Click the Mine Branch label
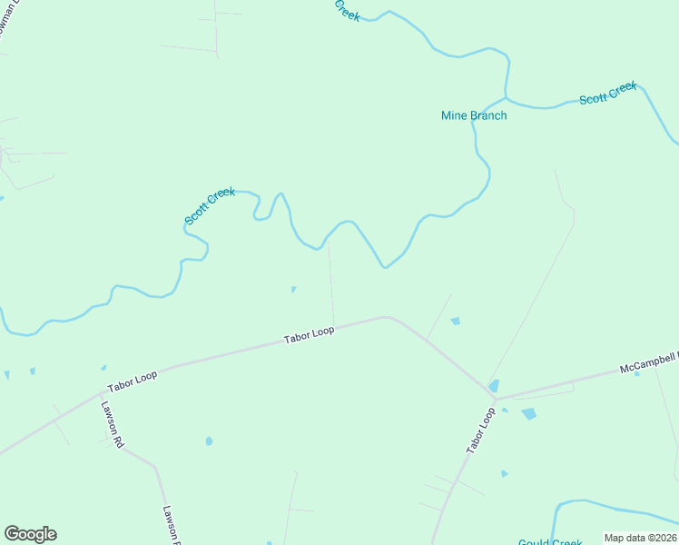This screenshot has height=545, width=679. [474, 115]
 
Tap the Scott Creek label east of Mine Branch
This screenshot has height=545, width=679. [608, 93]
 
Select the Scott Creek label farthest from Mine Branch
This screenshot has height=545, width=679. [210, 206]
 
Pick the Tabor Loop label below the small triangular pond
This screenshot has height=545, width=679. [309, 335]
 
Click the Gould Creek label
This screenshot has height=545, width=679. [550, 542]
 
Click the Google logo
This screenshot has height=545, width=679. [30, 534]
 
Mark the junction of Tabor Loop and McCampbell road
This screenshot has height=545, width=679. [496, 399]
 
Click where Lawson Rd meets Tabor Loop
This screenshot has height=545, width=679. [101, 394]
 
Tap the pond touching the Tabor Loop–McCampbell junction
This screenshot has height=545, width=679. [494, 386]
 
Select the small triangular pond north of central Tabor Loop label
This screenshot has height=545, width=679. [293, 290]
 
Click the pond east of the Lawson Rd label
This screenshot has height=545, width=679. [209, 441]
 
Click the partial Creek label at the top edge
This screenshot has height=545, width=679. [347, 10]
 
